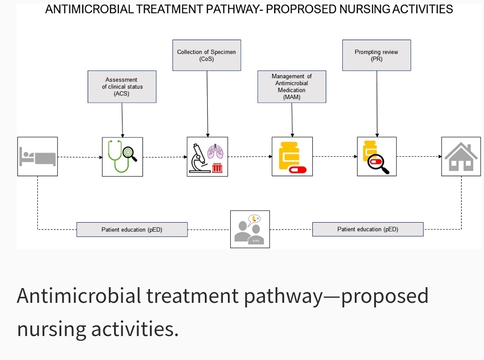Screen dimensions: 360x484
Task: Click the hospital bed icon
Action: pos(37,157)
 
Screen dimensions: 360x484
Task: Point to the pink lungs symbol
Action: pos(215,152)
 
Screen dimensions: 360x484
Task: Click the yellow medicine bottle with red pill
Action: pos(292,157)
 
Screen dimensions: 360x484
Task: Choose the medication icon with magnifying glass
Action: pos(376,157)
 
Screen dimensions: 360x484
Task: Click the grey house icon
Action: pos(461,157)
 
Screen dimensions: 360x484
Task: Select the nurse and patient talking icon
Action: pos(250,229)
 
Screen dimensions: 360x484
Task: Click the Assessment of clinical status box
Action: pos(122,87)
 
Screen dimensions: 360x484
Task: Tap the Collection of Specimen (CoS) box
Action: pos(206,55)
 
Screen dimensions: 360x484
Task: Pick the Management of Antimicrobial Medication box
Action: pos(292,87)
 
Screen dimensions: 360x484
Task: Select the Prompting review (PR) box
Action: pos(376,55)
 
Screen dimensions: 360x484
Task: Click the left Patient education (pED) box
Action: pos(132,230)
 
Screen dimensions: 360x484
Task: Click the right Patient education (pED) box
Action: pos(368,230)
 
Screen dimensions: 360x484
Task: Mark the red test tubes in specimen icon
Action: pos(217,168)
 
